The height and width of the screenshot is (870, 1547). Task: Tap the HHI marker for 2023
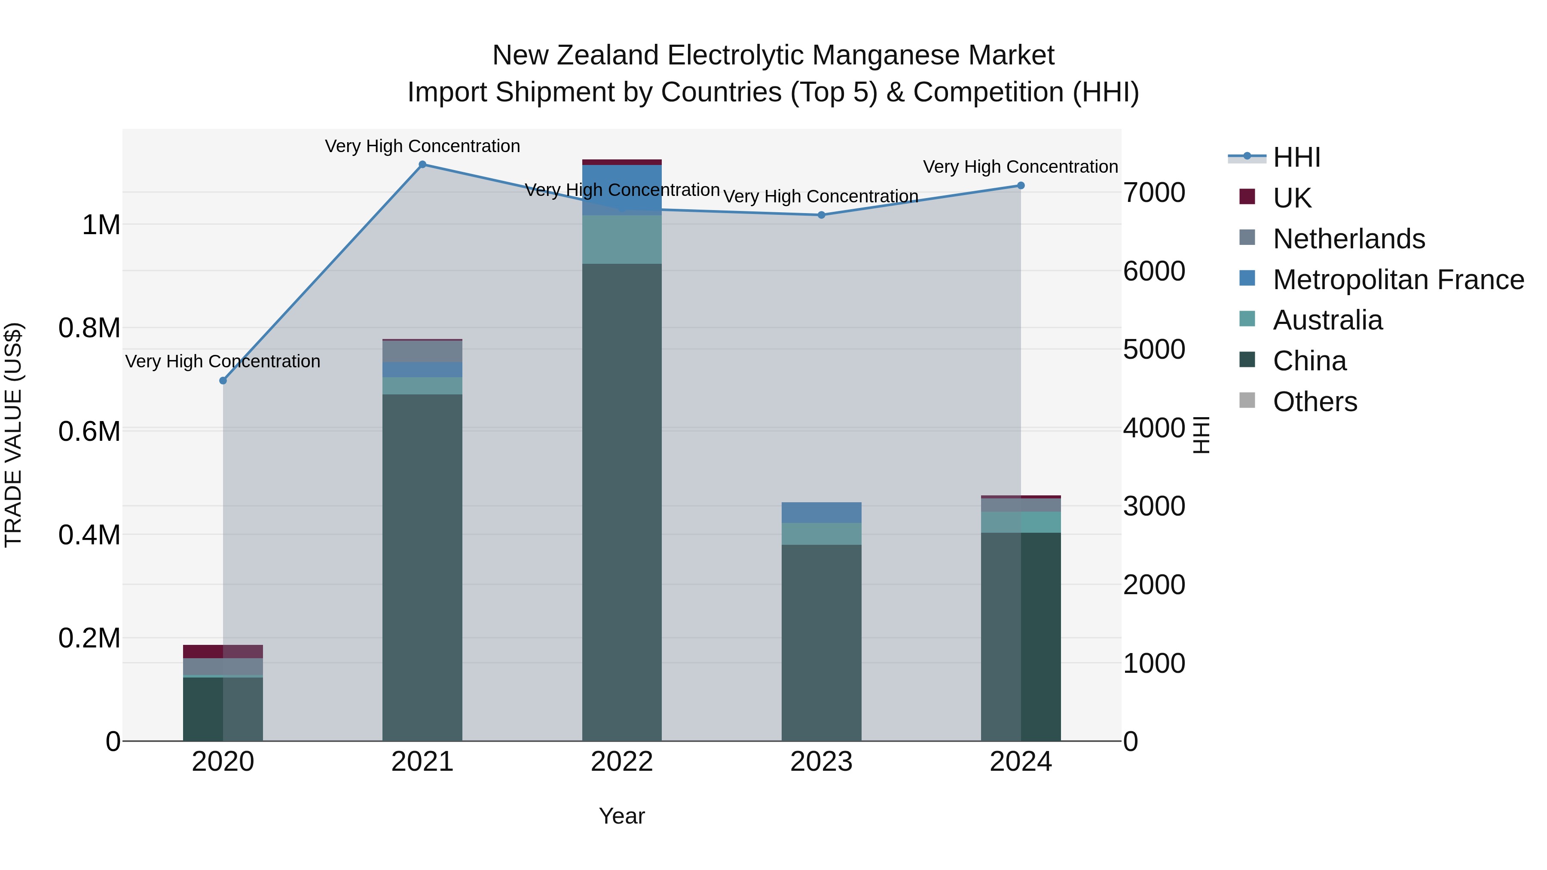(822, 215)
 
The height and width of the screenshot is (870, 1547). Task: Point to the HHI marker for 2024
(1021, 186)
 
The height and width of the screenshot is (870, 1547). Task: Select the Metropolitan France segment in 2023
(822, 513)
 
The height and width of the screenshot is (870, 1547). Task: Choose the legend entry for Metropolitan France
(1398, 280)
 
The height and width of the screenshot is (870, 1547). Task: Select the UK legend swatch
(1247, 197)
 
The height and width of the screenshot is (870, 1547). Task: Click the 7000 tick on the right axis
(1154, 193)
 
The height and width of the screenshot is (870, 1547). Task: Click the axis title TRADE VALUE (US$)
(13, 435)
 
